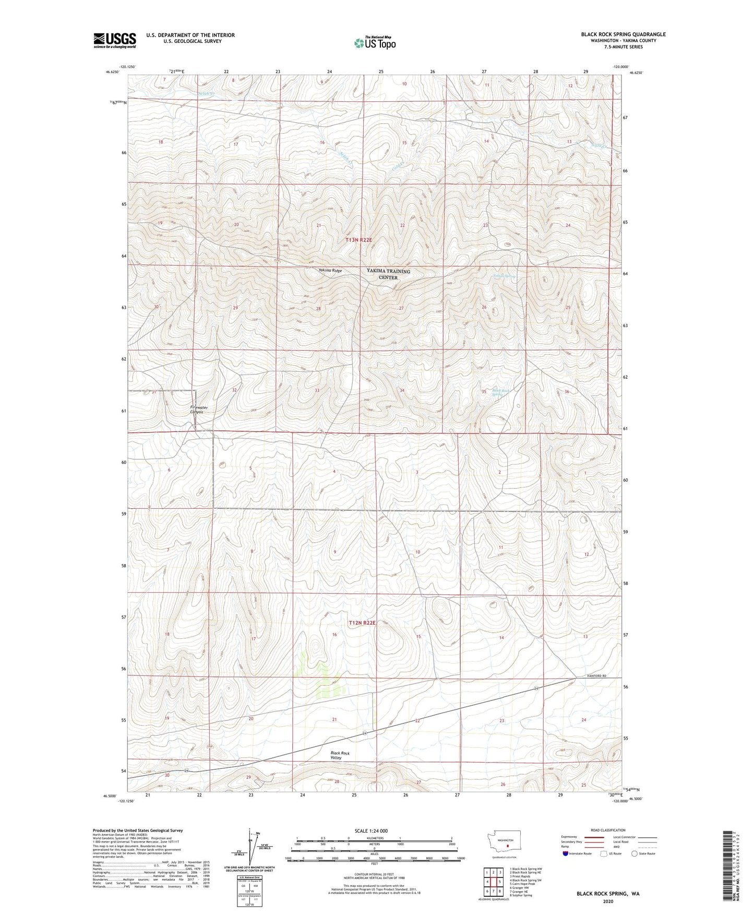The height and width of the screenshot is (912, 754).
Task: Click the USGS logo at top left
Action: (114, 40)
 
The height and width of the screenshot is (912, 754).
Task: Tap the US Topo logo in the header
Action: (375, 43)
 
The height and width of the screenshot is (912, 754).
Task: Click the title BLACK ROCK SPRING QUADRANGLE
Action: (623, 34)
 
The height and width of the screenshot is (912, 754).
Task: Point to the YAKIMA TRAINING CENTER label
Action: (388, 274)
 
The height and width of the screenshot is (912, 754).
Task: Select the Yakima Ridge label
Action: (330, 271)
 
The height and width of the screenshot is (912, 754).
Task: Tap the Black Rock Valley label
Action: (340, 755)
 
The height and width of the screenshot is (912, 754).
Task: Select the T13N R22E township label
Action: (359, 240)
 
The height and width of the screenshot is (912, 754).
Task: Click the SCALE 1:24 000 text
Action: (370, 831)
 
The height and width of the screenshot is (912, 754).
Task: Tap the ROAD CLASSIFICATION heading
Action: (608, 830)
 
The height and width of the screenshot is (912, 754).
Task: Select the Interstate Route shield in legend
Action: (566, 853)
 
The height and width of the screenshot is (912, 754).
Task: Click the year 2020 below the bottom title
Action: (608, 901)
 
